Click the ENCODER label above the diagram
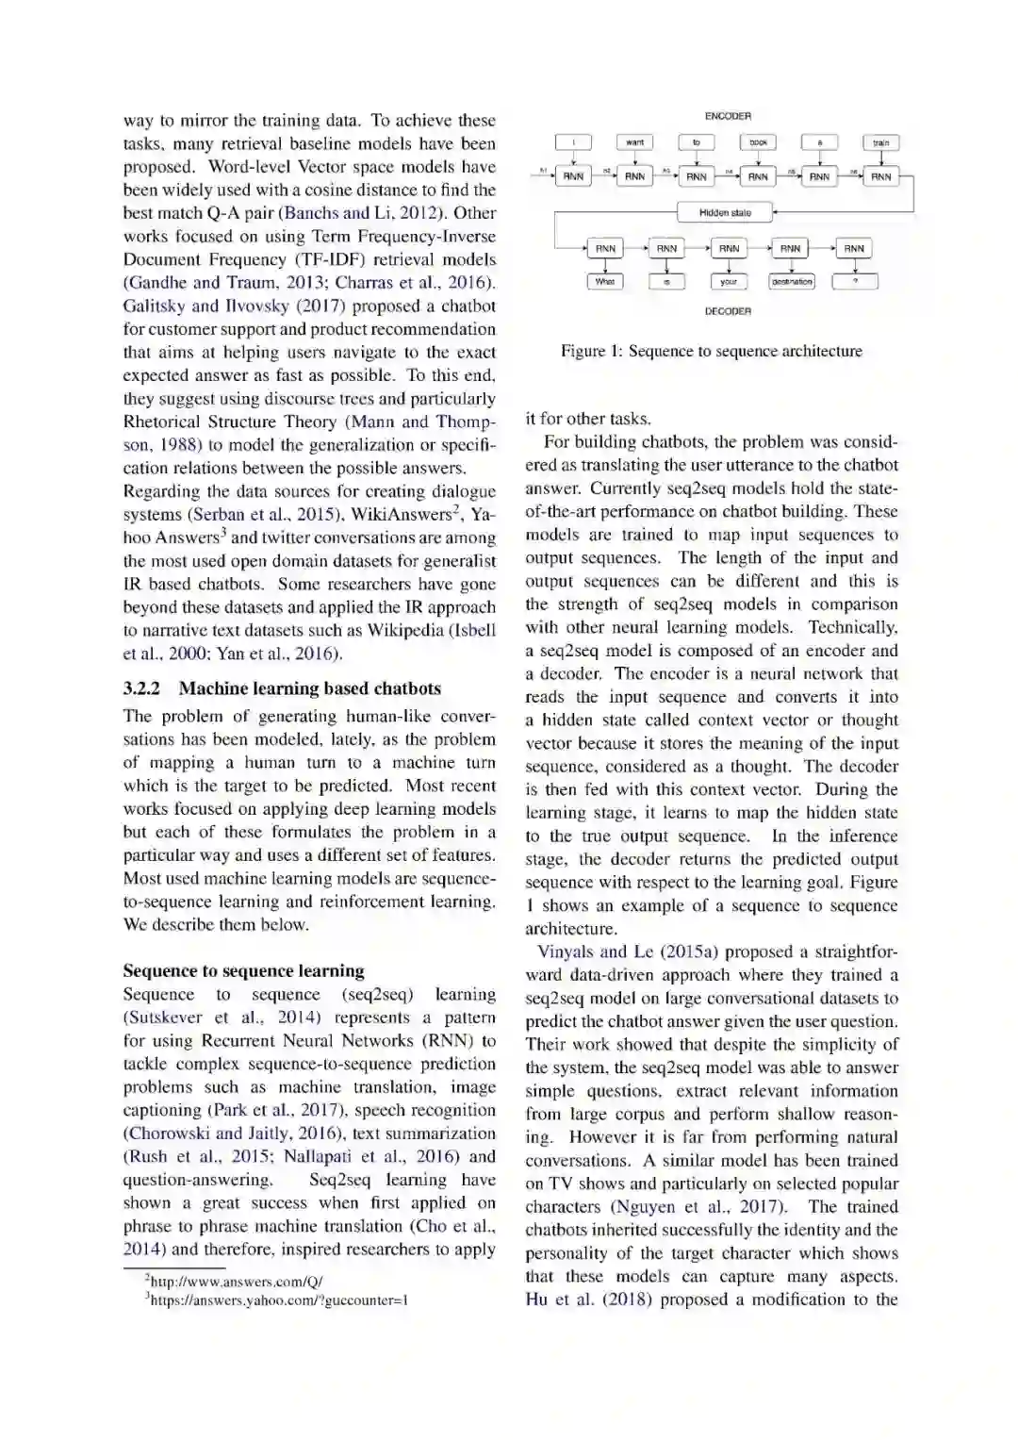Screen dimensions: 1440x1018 tap(728, 116)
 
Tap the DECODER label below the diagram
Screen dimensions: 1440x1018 tap(728, 311)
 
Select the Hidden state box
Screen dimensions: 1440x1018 tap(725, 213)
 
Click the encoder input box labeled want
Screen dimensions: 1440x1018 tap(635, 142)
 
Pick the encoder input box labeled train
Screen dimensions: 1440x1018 tap(880, 143)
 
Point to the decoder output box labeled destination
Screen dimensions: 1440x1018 tap(792, 281)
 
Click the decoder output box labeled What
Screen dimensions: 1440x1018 tap(605, 281)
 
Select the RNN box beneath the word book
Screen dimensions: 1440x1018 tap(758, 176)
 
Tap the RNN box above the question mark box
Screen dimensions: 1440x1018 tap(854, 248)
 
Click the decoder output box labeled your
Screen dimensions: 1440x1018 tap(729, 281)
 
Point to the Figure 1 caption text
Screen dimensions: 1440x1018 tap(711, 351)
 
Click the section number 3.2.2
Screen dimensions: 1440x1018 tap(141, 688)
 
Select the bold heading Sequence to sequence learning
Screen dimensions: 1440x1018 tap(243, 970)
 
